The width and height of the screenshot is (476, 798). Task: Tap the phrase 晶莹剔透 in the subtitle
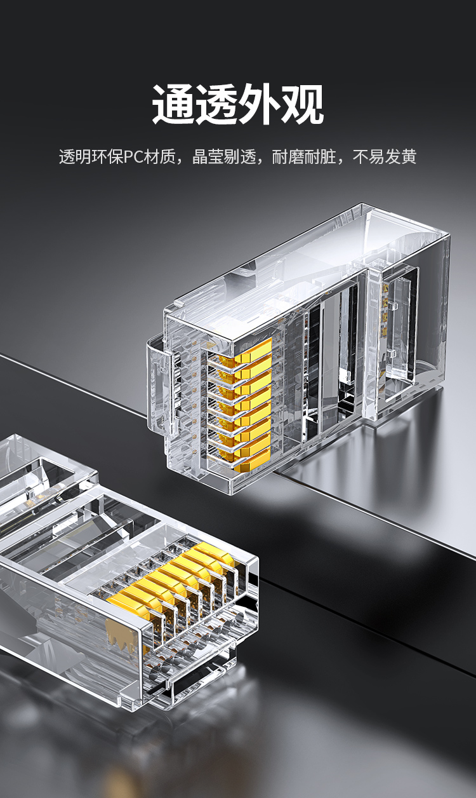tap(224, 157)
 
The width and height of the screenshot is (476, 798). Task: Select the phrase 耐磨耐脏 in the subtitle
tap(304, 157)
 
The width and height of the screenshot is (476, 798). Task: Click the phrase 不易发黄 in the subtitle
tap(384, 157)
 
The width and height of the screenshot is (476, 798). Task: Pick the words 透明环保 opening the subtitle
tap(91, 157)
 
